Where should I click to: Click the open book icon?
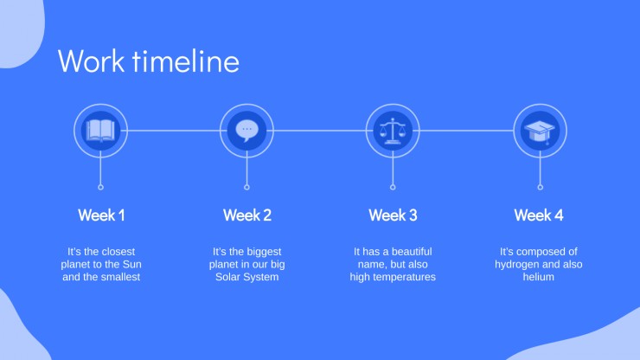101,131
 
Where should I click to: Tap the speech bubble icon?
247,131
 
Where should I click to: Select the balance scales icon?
393,131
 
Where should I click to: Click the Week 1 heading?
101,215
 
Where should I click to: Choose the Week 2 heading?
247,215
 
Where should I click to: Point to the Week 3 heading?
393,215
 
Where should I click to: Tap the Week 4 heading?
539,215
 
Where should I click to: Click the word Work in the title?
92,61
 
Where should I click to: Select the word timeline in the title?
186,61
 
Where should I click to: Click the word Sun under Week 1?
131,264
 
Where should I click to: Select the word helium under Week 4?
539,277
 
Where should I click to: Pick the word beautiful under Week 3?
410,251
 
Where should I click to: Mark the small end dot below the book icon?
101,187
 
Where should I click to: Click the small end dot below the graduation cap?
540,187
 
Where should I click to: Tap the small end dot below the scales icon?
393,187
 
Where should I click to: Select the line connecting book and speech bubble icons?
174,131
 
